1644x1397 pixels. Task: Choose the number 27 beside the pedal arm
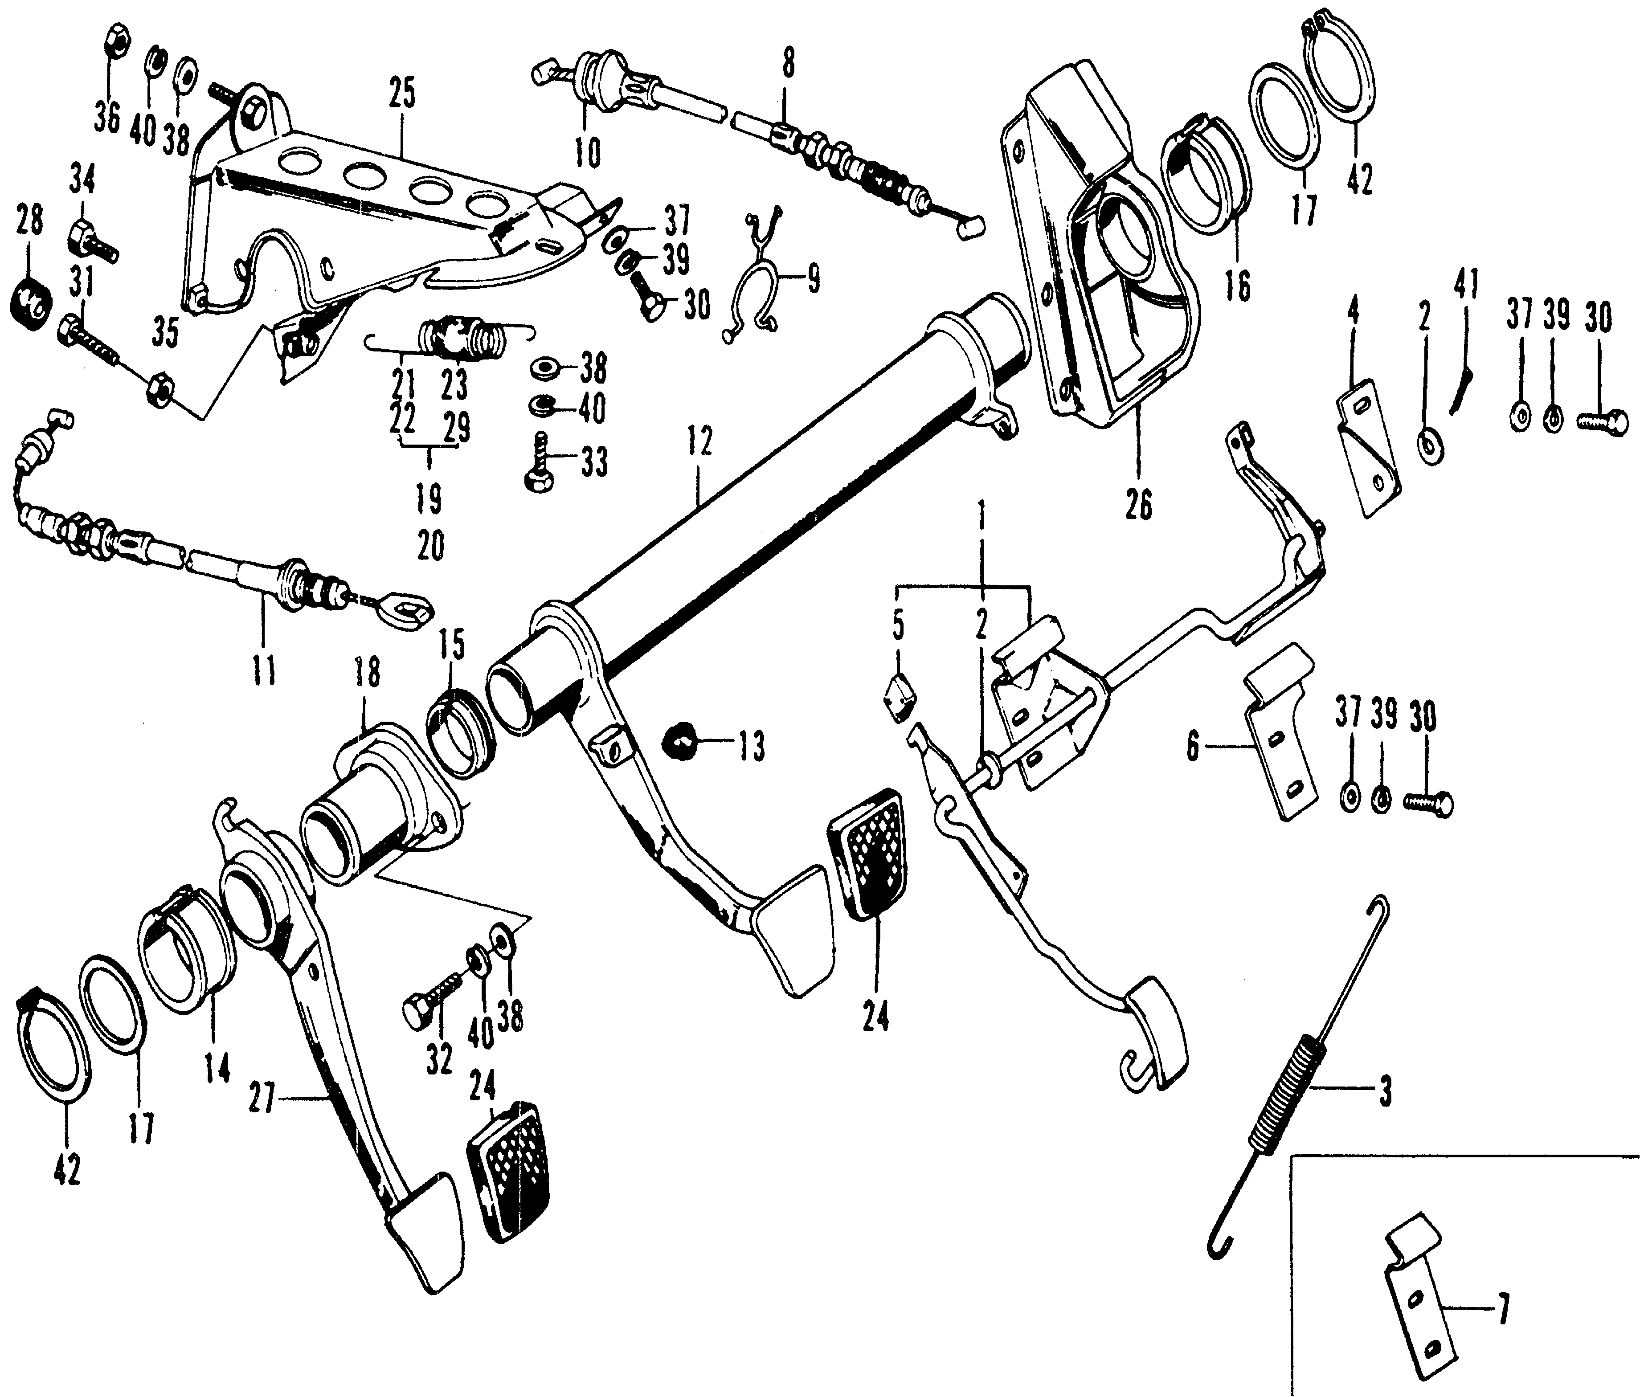tap(262, 1101)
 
